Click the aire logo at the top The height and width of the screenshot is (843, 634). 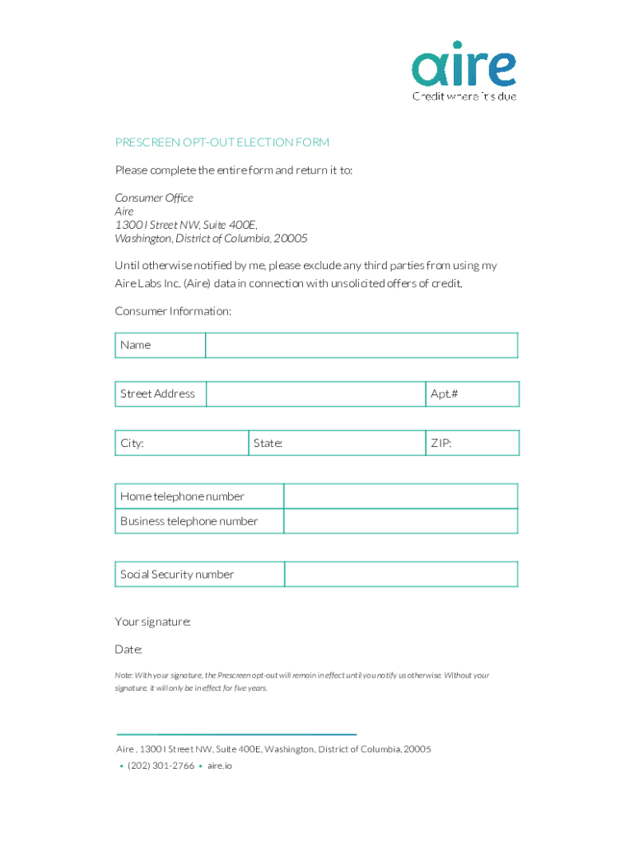tap(464, 68)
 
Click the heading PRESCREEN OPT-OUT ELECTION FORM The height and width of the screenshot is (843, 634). tap(222, 142)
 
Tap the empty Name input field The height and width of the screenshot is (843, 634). tap(361, 345)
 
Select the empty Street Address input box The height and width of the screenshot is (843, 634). tap(315, 394)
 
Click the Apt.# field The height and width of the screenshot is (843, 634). tap(472, 394)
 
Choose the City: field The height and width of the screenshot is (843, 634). tap(182, 443)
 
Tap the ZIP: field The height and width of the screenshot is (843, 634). tap(472, 443)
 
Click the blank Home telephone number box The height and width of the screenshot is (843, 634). tap(401, 496)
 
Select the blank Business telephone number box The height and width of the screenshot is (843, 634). tap(401, 521)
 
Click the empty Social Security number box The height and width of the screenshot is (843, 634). tap(401, 575)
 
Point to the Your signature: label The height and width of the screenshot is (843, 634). tap(153, 622)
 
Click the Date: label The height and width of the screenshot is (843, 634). tap(128, 650)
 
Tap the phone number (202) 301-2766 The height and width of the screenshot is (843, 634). tap(161, 766)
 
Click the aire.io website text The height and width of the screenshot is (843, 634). tap(220, 766)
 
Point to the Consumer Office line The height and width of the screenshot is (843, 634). tap(154, 198)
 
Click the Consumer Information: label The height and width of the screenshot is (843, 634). tap(173, 311)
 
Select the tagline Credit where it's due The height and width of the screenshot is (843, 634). tap(464, 95)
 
